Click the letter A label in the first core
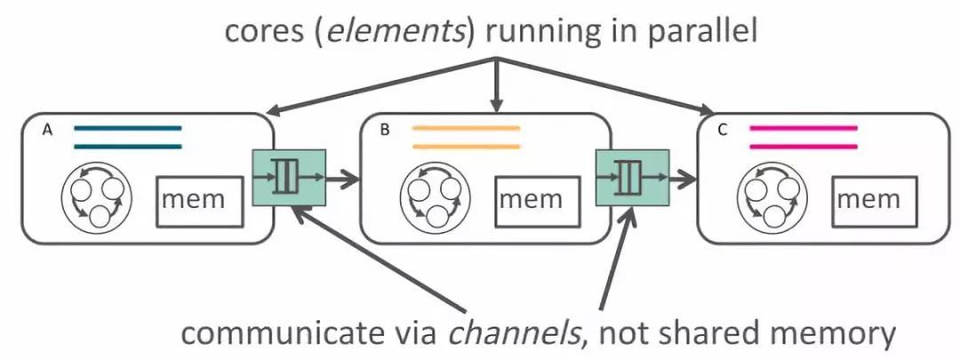[46, 131]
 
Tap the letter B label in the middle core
[385, 131]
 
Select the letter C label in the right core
[723, 131]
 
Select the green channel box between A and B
[288, 178]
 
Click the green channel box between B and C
[633, 178]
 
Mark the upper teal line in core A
[127, 129]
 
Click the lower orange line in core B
[466, 147]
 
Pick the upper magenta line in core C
[804, 129]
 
